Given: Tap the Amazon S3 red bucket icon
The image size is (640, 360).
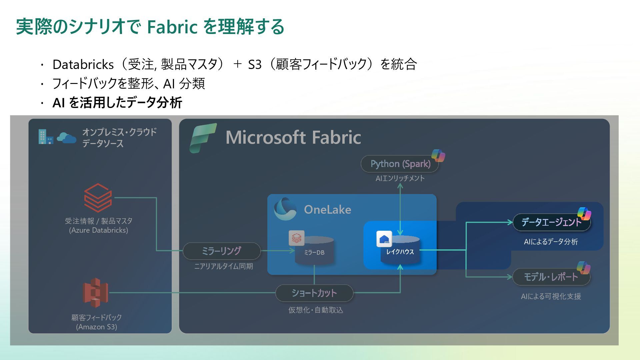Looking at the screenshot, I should tap(95, 293).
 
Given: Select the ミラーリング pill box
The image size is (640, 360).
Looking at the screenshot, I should tap(221, 251).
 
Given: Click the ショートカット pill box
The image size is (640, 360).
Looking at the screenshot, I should tap(314, 293).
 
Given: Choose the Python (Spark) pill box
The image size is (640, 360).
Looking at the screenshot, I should tap(400, 164).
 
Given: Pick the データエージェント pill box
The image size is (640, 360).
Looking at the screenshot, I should tap(551, 222).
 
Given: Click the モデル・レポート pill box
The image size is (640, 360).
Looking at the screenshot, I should tap(551, 277).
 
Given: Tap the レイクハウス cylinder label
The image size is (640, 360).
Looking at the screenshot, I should tap(400, 252).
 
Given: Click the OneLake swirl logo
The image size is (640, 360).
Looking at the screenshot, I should tap(285, 209).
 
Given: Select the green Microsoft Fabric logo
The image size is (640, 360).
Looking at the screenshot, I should tap(203, 138).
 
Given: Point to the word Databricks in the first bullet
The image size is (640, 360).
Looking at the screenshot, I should tap(83, 64).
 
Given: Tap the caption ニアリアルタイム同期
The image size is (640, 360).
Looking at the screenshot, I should tap(223, 266).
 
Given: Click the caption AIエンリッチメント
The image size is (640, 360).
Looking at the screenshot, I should tap(400, 178).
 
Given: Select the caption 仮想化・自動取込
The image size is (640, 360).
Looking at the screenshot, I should tap(316, 310).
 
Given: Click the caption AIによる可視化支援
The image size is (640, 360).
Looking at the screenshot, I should tap(551, 296).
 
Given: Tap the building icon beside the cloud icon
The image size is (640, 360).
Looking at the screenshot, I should tap(45, 137).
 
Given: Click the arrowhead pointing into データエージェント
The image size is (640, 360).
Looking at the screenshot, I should tap(510, 222).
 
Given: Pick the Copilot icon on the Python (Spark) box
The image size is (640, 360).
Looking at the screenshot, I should tap(438, 156).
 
